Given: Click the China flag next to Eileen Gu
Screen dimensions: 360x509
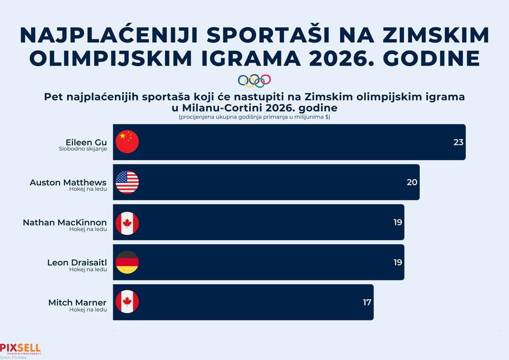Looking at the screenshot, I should [127, 142].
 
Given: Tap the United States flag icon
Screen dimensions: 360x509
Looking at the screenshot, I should [127, 182].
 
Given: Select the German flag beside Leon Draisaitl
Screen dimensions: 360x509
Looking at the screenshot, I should [127, 262].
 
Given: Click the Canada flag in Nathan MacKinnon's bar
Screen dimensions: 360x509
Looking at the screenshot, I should [127, 222].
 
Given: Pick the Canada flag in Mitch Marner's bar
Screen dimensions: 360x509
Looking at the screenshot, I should [127, 302].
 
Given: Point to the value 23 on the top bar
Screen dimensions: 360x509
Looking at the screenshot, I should [459, 142].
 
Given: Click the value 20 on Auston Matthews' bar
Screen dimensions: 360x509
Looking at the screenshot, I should [412, 182].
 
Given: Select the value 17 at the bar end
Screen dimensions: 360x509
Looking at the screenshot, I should [367, 302].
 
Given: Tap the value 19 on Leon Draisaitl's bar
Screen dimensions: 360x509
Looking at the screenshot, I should [397, 262].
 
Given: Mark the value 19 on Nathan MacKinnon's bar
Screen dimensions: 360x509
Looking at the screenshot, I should [397, 222].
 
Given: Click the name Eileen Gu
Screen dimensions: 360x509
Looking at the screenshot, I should [86, 142].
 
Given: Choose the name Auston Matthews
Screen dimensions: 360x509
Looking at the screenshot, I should [68, 182].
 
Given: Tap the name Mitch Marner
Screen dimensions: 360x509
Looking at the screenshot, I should [77, 303].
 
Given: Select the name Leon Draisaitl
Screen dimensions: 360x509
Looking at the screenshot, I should [77, 263].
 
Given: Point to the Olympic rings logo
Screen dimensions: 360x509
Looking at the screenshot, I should [254, 81].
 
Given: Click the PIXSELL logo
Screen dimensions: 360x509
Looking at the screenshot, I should [20, 348].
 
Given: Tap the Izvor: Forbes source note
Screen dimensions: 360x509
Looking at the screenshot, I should [14, 357].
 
